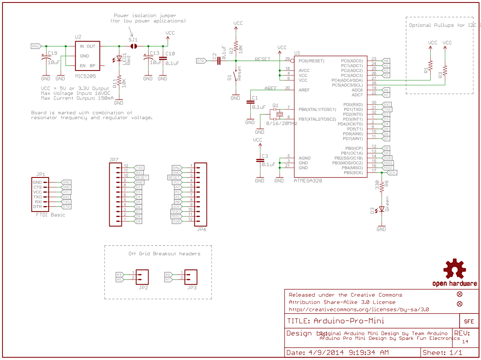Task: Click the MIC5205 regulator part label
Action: [86, 76]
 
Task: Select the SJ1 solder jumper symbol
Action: [134, 46]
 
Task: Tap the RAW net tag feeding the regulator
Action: [36, 46]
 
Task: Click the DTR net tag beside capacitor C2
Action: [201, 61]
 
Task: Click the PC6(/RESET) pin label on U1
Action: [311, 61]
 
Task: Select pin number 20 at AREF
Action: [288, 88]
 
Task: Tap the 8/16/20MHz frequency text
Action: [281, 124]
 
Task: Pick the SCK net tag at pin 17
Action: [392, 172]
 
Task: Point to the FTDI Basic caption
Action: [51, 215]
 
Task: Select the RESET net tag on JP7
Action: [141, 177]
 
